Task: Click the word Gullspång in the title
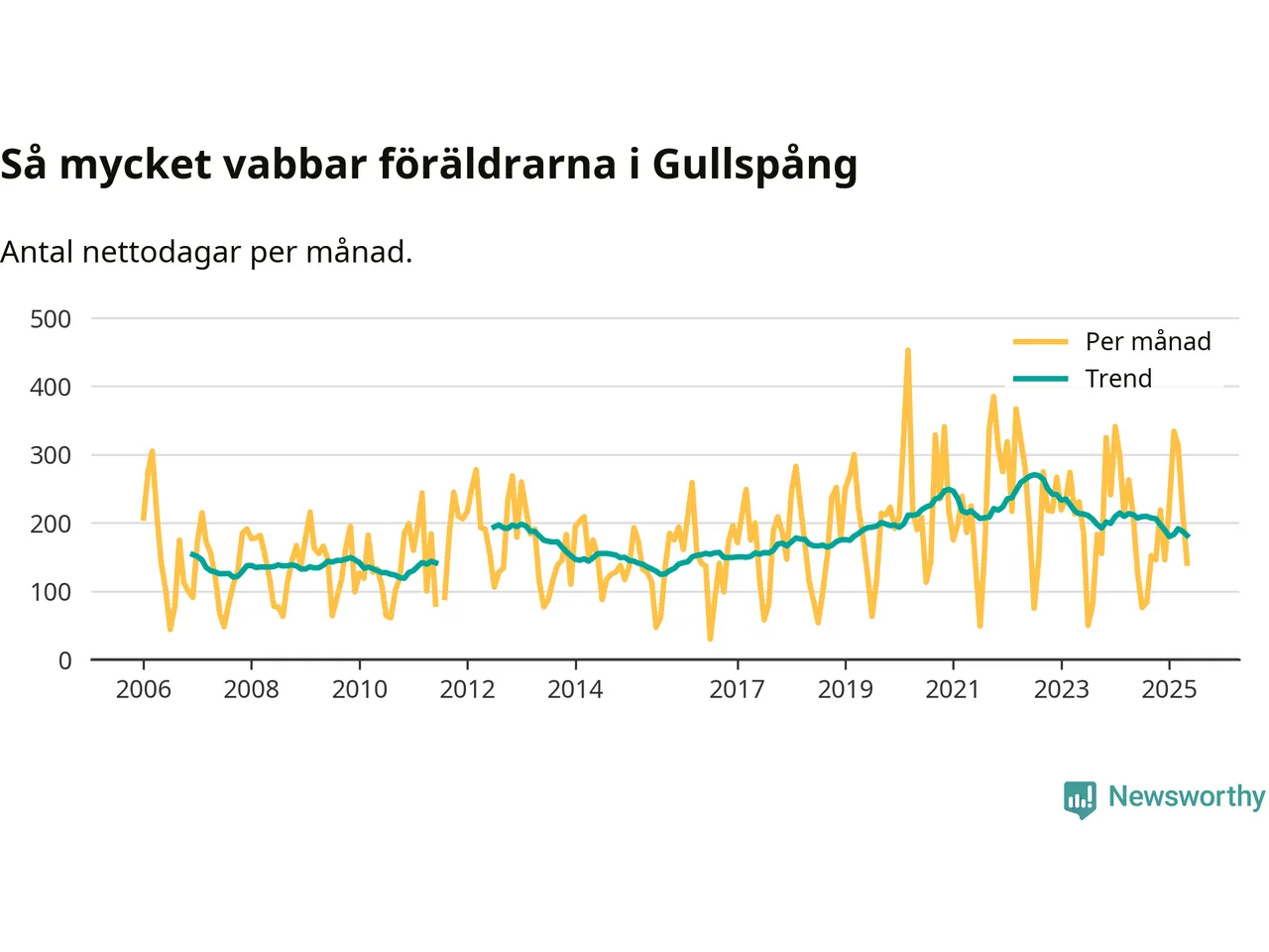click(x=754, y=165)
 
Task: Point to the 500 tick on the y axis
click(x=51, y=319)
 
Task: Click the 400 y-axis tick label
click(x=51, y=388)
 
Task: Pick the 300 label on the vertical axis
click(x=51, y=455)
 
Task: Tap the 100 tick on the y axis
click(x=51, y=592)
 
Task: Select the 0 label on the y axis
click(x=65, y=660)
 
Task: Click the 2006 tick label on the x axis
click(x=144, y=689)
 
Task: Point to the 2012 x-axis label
click(x=467, y=689)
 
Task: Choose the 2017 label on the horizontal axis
click(x=737, y=689)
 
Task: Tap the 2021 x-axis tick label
click(x=953, y=689)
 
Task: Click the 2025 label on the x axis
click(x=1169, y=689)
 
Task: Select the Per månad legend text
click(x=1148, y=342)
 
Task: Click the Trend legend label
click(x=1118, y=379)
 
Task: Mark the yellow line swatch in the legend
click(x=1040, y=342)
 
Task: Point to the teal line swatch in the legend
click(x=1040, y=379)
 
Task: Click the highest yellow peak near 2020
click(x=907, y=351)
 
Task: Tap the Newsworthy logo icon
click(x=1080, y=798)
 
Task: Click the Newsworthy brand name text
click(x=1186, y=796)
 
